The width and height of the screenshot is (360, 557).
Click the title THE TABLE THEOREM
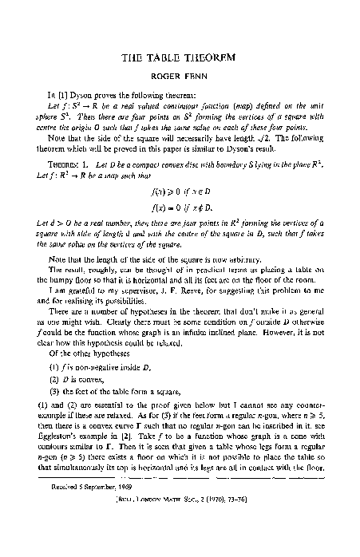point(180,59)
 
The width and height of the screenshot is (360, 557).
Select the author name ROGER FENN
point(180,78)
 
